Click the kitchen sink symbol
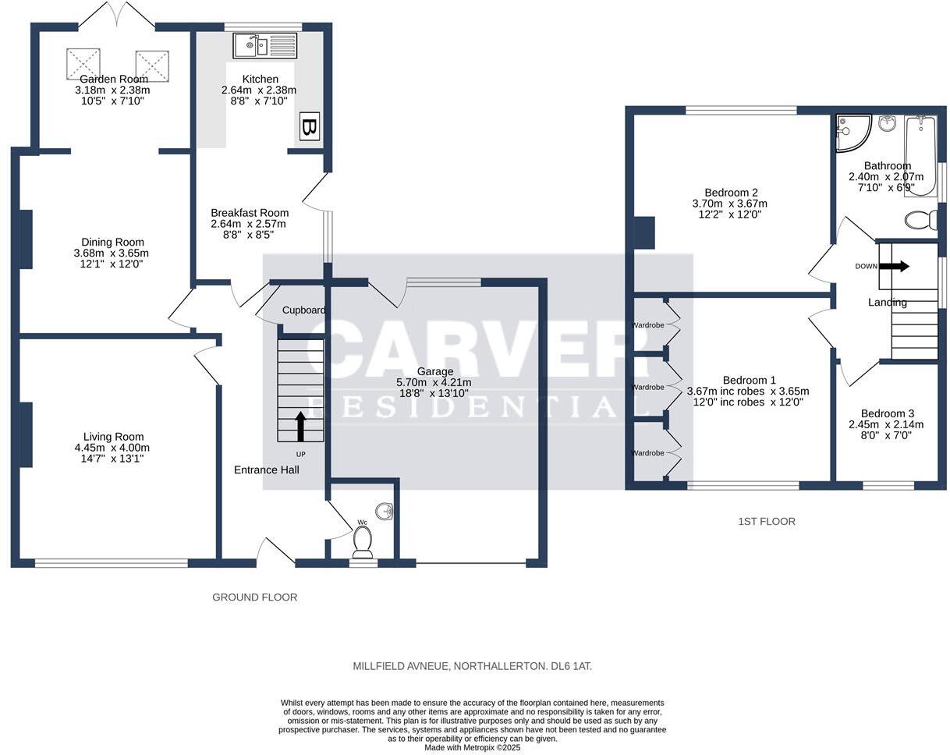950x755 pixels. (x=264, y=46)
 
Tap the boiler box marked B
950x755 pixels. (x=309, y=127)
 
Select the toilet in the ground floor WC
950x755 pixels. (x=363, y=541)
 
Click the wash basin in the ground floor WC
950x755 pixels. (x=385, y=512)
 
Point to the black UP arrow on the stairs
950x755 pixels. (x=300, y=427)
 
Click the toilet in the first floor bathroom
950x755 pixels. (x=923, y=220)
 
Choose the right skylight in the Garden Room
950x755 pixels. (x=152, y=65)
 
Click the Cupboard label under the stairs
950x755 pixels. (x=303, y=310)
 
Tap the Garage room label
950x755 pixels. (x=434, y=371)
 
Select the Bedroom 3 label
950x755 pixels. (x=887, y=413)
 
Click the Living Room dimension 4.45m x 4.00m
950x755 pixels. (x=112, y=448)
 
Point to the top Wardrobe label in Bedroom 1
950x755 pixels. (x=647, y=324)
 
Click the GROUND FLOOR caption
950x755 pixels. (x=254, y=597)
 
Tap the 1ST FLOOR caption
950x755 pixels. (x=766, y=521)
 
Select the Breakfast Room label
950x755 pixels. (x=250, y=213)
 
